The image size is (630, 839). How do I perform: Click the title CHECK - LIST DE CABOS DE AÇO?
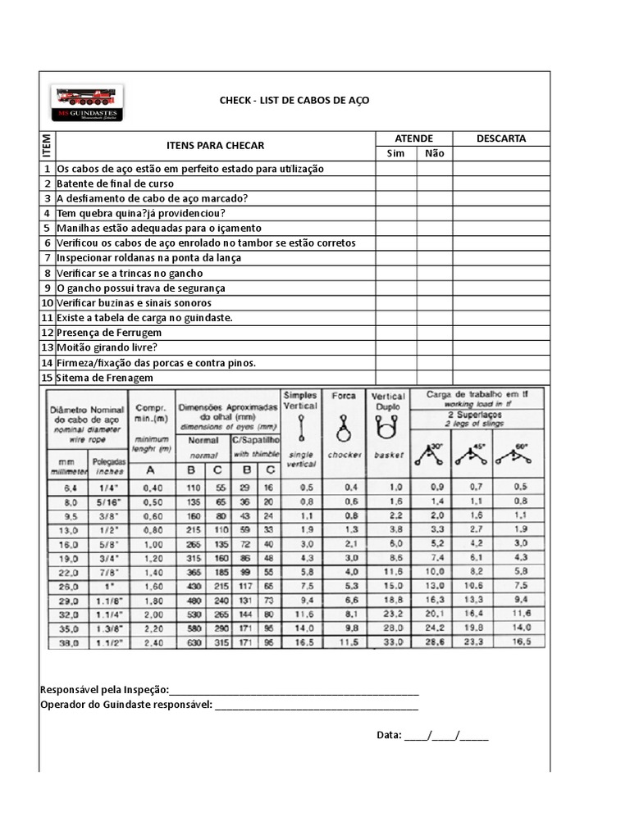(x=294, y=100)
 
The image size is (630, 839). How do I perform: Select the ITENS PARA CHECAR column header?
(x=215, y=145)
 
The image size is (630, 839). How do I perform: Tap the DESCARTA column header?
(x=500, y=138)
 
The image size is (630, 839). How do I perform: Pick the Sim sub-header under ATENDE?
(x=396, y=154)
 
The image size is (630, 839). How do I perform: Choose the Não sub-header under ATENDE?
(x=434, y=154)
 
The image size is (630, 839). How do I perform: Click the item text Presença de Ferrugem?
(x=109, y=333)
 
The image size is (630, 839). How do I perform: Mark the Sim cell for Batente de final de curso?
(x=396, y=184)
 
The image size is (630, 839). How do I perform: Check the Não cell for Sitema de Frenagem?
(x=434, y=378)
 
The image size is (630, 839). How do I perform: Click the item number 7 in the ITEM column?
(x=48, y=258)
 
